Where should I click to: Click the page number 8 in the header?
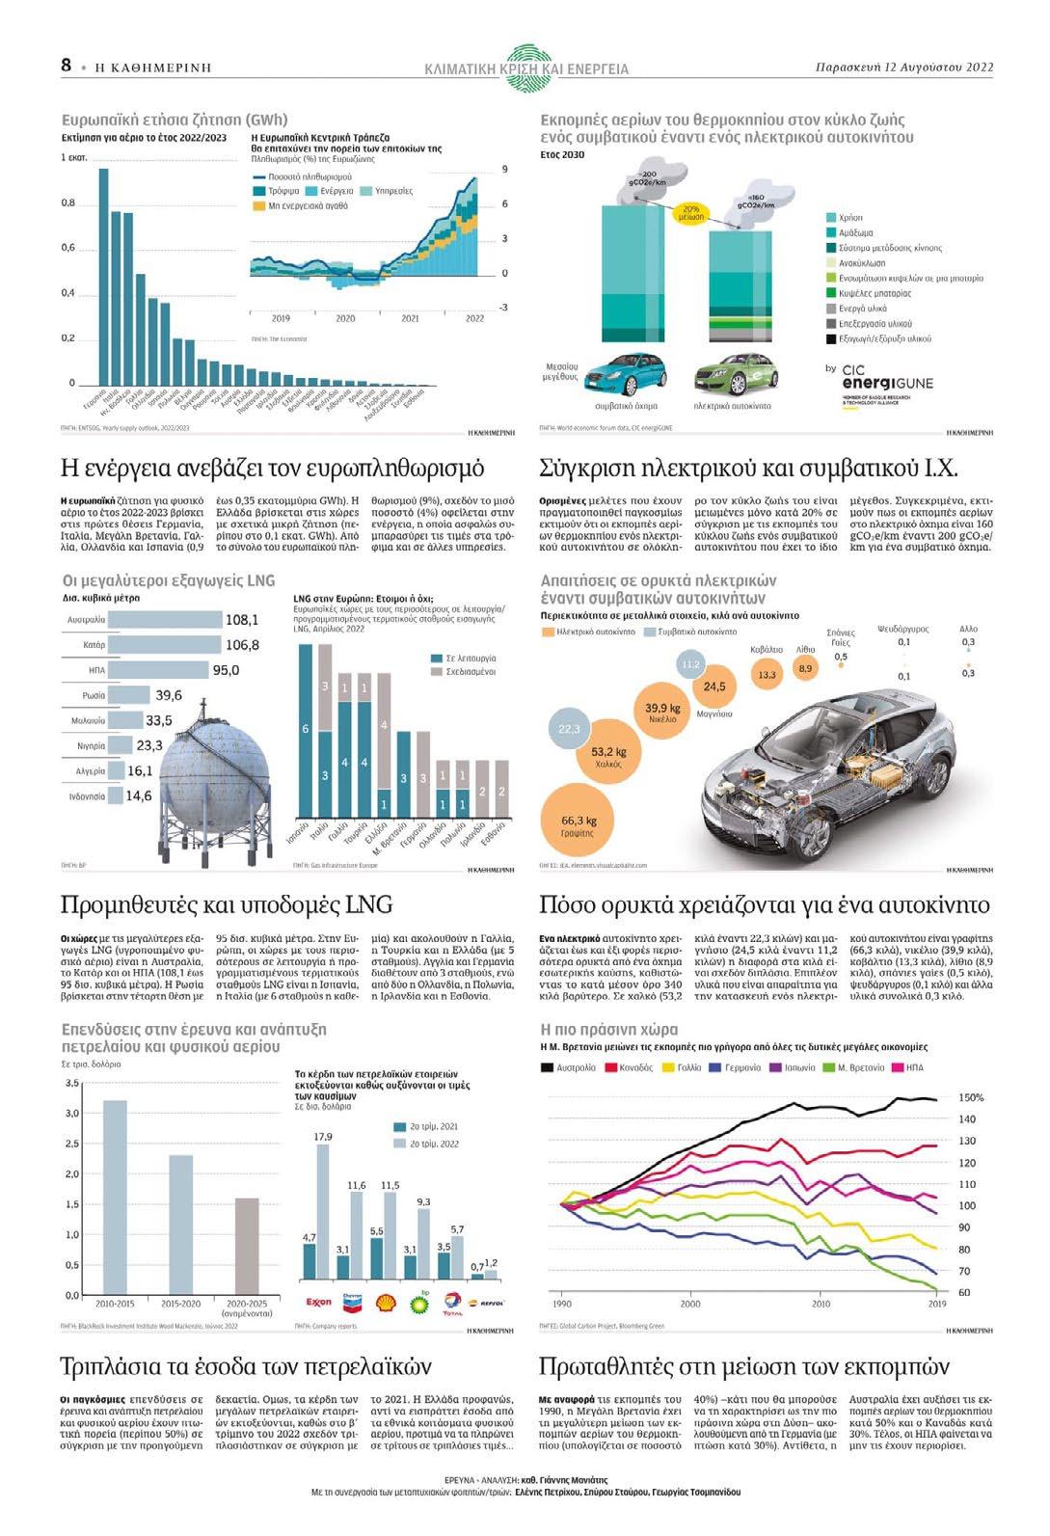(x=67, y=66)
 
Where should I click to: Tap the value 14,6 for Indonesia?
(x=139, y=796)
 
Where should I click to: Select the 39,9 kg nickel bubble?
(x=662, y=714)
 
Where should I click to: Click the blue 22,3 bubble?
(x=570, y=729)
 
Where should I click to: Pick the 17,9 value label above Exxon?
(x=323, y=1138)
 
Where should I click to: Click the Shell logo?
(x=386, y=1302)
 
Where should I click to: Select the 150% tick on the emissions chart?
(x=971, y=1097)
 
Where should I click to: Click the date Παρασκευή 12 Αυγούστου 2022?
(x=903, y=67)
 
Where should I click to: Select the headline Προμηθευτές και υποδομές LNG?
(x=227, y=904)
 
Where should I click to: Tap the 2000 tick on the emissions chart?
(x=690, y=1304)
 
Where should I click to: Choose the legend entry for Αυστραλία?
(x=568, y=1067)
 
